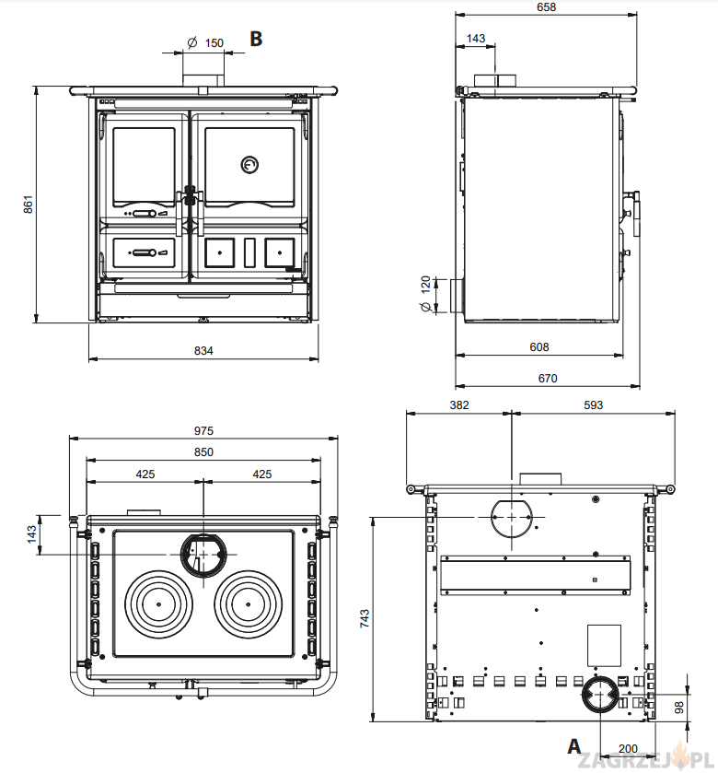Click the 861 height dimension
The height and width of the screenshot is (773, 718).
pyautogui.click(x=28, y=204)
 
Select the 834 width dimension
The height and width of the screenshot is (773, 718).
pyautogui.click(x=203, y=350)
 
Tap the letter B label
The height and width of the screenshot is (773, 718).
pyautogui.click(x=256, y=39)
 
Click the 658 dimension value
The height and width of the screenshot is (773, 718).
pyautogui.click(x=547, y=7)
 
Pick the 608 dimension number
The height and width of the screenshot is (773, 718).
pyautogui.click(x=539, y=347)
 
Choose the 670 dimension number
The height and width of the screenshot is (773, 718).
pyautogui.click(x=548, y=378)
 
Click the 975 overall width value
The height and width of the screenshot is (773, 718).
pyautogui.click(x=203, y=430)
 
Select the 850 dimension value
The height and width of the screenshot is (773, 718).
pyautogui.click(x=203, y=451)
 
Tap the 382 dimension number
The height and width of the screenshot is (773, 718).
pyautogui.click(x=458, y=405)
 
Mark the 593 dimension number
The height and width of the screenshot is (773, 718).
pyautogui.click(x=593, y=405)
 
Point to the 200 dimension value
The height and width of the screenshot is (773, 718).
pyautogui.click(x=628, y=749)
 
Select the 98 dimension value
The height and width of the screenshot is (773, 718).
pyautogui.click(x=705, y=707)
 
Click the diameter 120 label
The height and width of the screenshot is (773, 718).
pyautogui.click(x=425, y=295)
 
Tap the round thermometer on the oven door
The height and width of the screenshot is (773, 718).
pyautogui.click(x=249, y=165)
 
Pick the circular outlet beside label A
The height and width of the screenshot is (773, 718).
pyautogui.click(x=599, y=696)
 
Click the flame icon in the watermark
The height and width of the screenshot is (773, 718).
pyautogui.click(x=682, y=757)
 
